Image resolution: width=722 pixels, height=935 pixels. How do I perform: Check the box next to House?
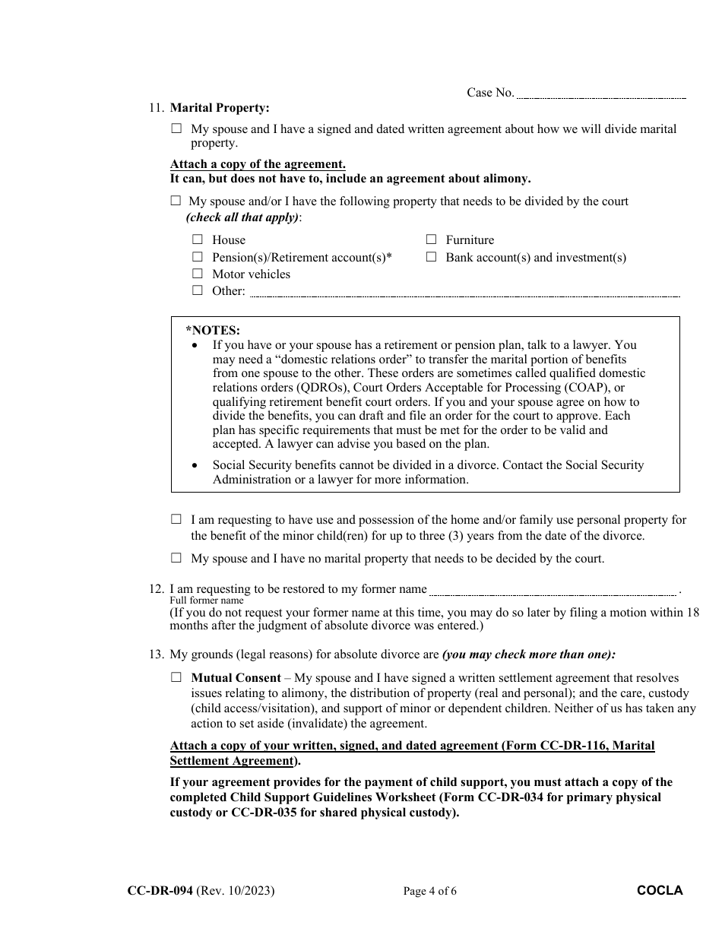(x=198, y=239)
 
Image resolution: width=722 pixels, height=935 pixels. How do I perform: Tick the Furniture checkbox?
(x=431, y=239)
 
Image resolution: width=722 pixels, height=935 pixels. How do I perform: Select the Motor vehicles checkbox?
(x=198, y=274)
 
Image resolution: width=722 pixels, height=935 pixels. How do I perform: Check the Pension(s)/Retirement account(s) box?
(x=198, y=257)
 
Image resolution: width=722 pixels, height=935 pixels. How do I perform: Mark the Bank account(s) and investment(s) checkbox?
(x=431, y=257)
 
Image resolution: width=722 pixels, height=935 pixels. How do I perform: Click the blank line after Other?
(x=464, y=293)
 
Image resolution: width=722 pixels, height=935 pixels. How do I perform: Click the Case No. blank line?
(x=601, y=95)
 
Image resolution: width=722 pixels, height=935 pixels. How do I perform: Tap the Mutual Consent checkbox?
(x=176, y=677)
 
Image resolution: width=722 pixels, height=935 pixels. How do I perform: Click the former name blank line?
(x=553, y=591)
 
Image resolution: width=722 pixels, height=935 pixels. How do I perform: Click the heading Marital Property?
(x=220, y=109)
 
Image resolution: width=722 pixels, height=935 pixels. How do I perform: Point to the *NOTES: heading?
(x=213, y=330)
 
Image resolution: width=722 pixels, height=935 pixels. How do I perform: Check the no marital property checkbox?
(x=176, y=558)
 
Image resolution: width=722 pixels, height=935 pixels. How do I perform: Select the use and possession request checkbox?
(x=176, y=520)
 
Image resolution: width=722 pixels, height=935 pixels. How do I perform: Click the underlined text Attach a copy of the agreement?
(x=258, y=164)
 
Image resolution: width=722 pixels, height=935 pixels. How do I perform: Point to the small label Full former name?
(x=206, y=601)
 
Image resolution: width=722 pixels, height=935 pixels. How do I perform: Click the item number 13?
(x=155, y=654)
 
